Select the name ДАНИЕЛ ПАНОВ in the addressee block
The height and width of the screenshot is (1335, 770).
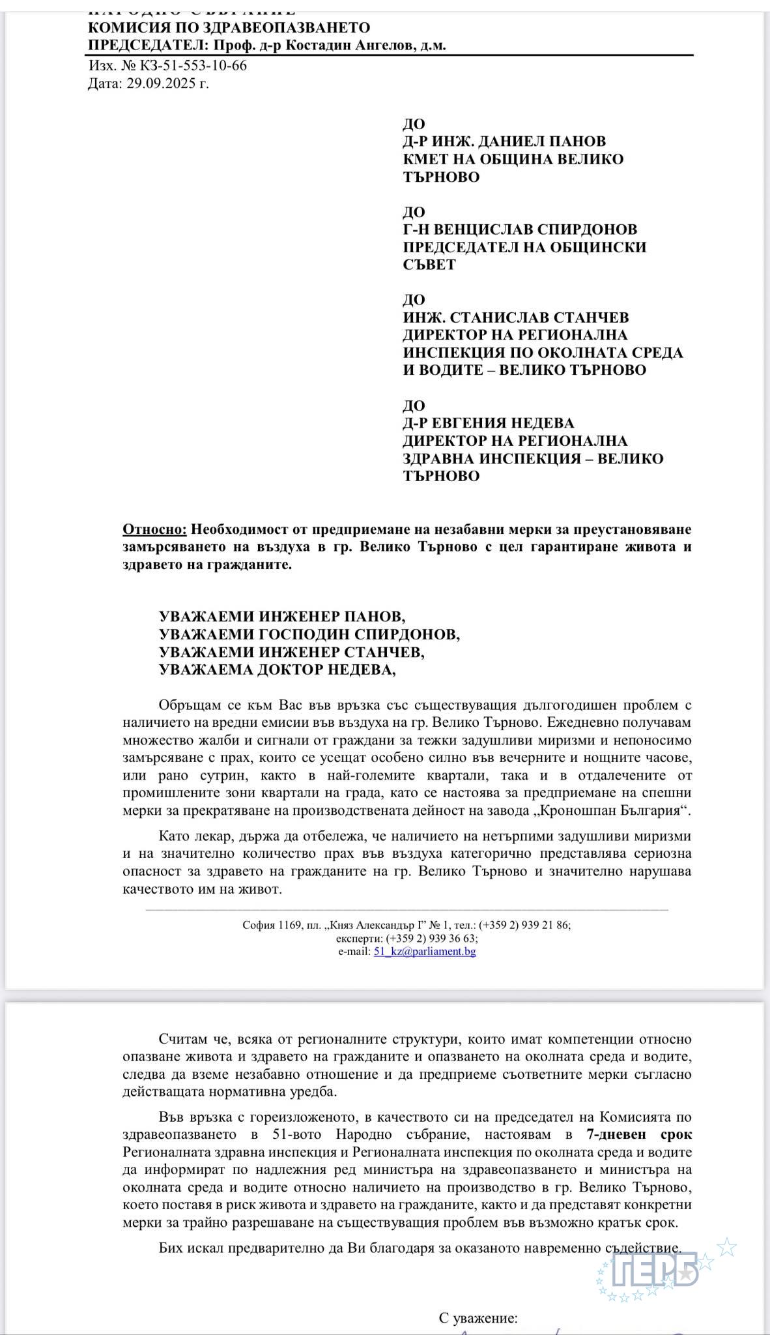(x=530, y=141)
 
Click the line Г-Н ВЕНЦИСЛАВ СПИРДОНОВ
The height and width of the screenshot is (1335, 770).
(x=520, y=229)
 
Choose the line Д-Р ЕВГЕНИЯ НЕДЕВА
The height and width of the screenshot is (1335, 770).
(x=488, y=423)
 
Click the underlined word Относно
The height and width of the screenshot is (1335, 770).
(x=154, y=529)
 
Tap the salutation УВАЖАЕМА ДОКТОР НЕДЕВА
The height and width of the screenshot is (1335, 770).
(x=278, y=669)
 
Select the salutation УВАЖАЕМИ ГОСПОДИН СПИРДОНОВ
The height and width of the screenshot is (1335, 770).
(x=309, y=634)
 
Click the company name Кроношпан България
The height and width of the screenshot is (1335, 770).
(x=622, y=811)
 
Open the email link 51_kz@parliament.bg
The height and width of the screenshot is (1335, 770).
(x=424, y=952)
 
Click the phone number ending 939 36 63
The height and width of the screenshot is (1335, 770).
(x=431, y=939)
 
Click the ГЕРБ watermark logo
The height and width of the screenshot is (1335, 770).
(x=657, y=1270)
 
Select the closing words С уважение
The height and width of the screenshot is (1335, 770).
(x=478, y=1319)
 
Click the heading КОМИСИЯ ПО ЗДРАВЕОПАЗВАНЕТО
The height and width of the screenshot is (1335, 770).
(x=229, y=27)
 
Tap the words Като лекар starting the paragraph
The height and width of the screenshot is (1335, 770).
(x=191, y=836)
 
